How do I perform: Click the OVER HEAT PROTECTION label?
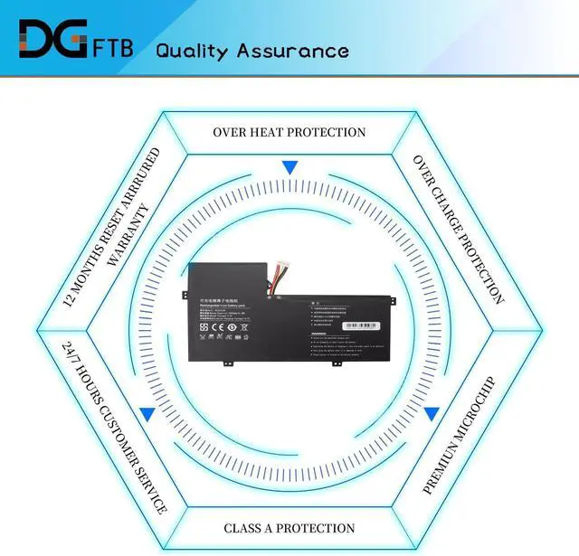tap(289, 132)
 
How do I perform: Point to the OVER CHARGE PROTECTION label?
tap(459, 228)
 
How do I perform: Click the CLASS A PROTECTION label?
tap(289, 528)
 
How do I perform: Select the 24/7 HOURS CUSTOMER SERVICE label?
tap(114, 427)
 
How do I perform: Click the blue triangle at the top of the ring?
tap(289, 167)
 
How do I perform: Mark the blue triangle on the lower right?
tap(432, 414)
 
